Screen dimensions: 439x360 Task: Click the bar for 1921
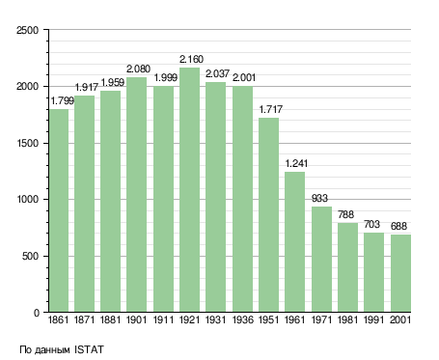(189, 190)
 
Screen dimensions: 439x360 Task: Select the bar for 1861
(59, 210)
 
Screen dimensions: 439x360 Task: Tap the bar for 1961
(294, 242)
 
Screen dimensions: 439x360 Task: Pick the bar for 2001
(400, 273)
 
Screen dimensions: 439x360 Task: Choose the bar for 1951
(268, 215)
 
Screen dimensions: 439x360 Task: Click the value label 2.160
(191, 59)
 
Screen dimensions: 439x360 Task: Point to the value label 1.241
(296, 163)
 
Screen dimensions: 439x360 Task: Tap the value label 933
(319, 198)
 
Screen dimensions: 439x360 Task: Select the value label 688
(398, 226)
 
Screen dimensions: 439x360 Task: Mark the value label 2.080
(138, 69)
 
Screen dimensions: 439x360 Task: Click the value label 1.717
(271, 109)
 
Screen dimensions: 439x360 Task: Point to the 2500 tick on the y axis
(28, 30)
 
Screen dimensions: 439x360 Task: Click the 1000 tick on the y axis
(28, 200)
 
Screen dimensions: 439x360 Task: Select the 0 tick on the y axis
(37, 313)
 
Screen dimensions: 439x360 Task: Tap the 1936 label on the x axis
(242, 320)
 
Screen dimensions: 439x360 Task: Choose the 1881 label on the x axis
(110, 320)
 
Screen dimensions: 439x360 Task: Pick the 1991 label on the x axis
(373, 320)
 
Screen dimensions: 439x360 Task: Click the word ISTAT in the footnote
(89, 349)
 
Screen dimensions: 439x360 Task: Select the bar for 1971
(321, 260)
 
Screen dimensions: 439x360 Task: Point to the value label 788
(345, 214)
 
